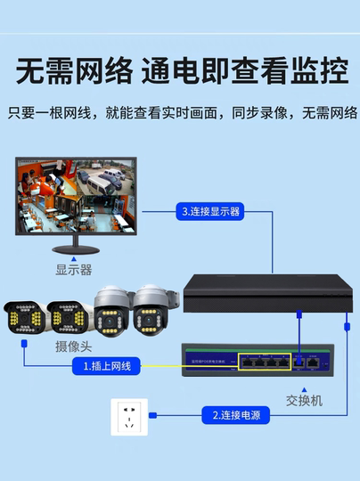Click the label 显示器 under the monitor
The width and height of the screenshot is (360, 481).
[74, 269]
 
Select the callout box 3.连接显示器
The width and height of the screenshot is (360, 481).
[211, 211]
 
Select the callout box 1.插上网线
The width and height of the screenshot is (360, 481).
[107, 366]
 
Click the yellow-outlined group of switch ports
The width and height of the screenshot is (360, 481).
[265, 362]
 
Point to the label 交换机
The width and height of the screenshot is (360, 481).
[305, 400]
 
